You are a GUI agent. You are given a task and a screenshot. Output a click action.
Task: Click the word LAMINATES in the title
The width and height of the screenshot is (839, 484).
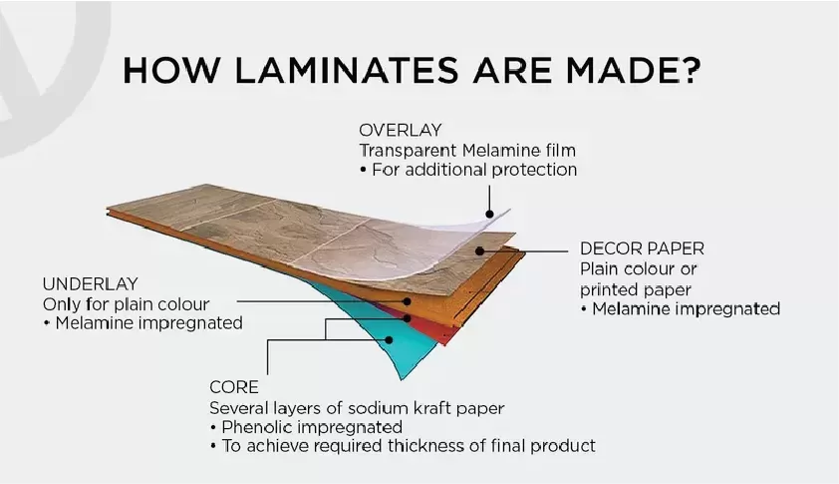coord(347,70)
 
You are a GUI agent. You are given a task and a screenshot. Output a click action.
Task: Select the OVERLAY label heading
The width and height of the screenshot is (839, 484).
coord(401,131)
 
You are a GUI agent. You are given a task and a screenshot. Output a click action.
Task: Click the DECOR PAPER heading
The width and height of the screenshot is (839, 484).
coord(642,248)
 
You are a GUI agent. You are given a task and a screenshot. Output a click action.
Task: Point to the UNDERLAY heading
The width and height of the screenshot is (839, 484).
coord(91,284)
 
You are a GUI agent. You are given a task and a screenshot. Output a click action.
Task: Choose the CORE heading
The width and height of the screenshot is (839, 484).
coord(234,387)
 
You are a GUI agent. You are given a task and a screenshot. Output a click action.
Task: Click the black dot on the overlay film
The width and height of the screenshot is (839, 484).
coord(489,214)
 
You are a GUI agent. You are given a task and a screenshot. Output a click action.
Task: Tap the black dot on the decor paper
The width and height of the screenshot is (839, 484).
coord(480,250)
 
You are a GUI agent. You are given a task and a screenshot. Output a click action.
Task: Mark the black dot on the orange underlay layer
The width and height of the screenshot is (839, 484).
coord(407,301)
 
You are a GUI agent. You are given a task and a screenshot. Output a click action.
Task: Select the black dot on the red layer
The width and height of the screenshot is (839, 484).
coord(408,318)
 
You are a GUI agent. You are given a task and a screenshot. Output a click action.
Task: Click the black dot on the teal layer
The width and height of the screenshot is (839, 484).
coord(389,340)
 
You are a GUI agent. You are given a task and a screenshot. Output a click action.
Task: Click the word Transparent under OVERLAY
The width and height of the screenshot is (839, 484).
coord(408,151)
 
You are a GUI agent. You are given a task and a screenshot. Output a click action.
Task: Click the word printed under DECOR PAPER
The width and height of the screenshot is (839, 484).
coord(609,290)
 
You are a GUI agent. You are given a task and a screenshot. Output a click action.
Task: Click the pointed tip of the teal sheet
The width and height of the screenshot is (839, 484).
coord(403,379)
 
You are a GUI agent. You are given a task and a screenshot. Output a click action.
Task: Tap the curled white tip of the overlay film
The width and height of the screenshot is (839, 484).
coord(508,211)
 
